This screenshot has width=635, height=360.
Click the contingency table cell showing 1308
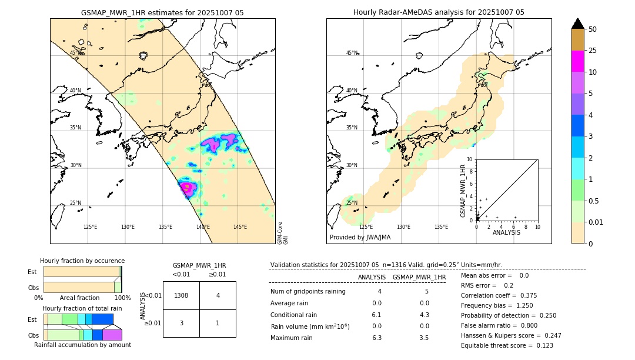(x=181, y=295)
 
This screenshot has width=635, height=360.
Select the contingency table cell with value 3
(x=181, y=323)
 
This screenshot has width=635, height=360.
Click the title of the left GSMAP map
(x=162, y=12)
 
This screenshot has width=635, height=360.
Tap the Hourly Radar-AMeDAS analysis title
(x=439, y=12)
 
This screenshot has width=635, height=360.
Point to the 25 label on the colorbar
(x=593, y=51)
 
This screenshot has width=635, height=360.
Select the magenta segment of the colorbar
(x=578, y=61)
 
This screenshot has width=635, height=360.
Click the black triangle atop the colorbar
(x=578, y=24)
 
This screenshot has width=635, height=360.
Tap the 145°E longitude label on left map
(x=240, y=227)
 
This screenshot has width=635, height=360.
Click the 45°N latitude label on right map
(x=352, y=53)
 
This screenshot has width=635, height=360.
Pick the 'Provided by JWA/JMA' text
(x=360, y=238)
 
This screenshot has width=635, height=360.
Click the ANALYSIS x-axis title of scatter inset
(x=506, y=232)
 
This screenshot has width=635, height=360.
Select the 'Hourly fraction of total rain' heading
(x=82, y=308)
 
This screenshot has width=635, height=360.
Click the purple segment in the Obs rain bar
(x=112, y=335)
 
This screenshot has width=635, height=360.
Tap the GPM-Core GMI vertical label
(x=283, y=233)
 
